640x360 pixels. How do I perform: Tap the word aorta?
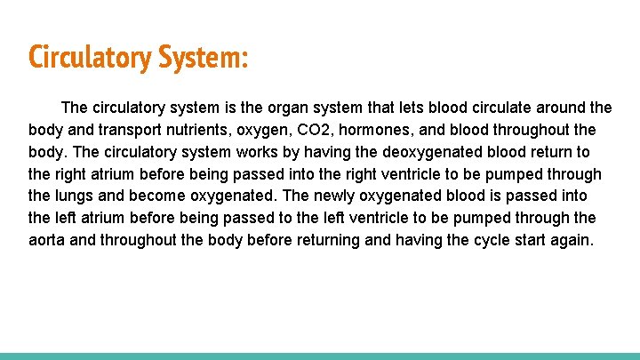click(x=48, y=240)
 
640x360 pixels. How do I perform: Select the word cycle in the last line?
click(x=484, y=240)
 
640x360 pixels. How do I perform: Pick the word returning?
click(x=325, y=240)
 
